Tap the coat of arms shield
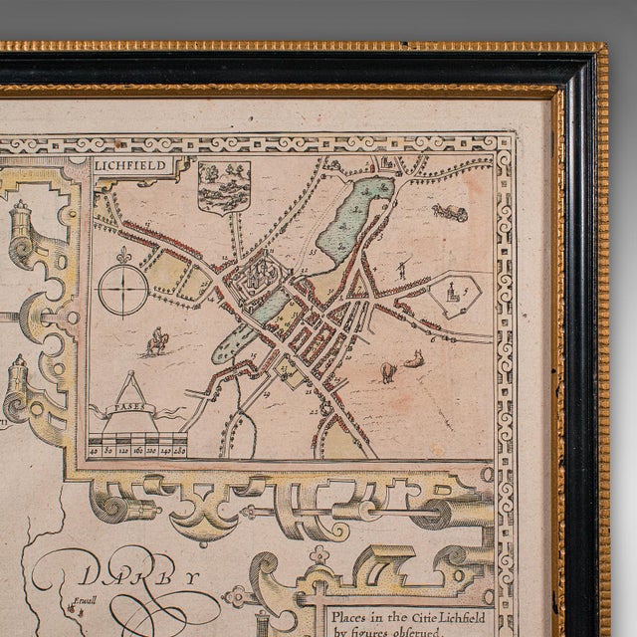tap(224, 186)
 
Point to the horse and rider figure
tap(156, 343)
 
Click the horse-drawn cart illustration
tap(450, 212)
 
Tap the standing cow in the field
tap(387, 372)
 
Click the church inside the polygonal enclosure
tap(453, 295)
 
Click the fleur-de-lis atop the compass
tap(123, 257)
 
